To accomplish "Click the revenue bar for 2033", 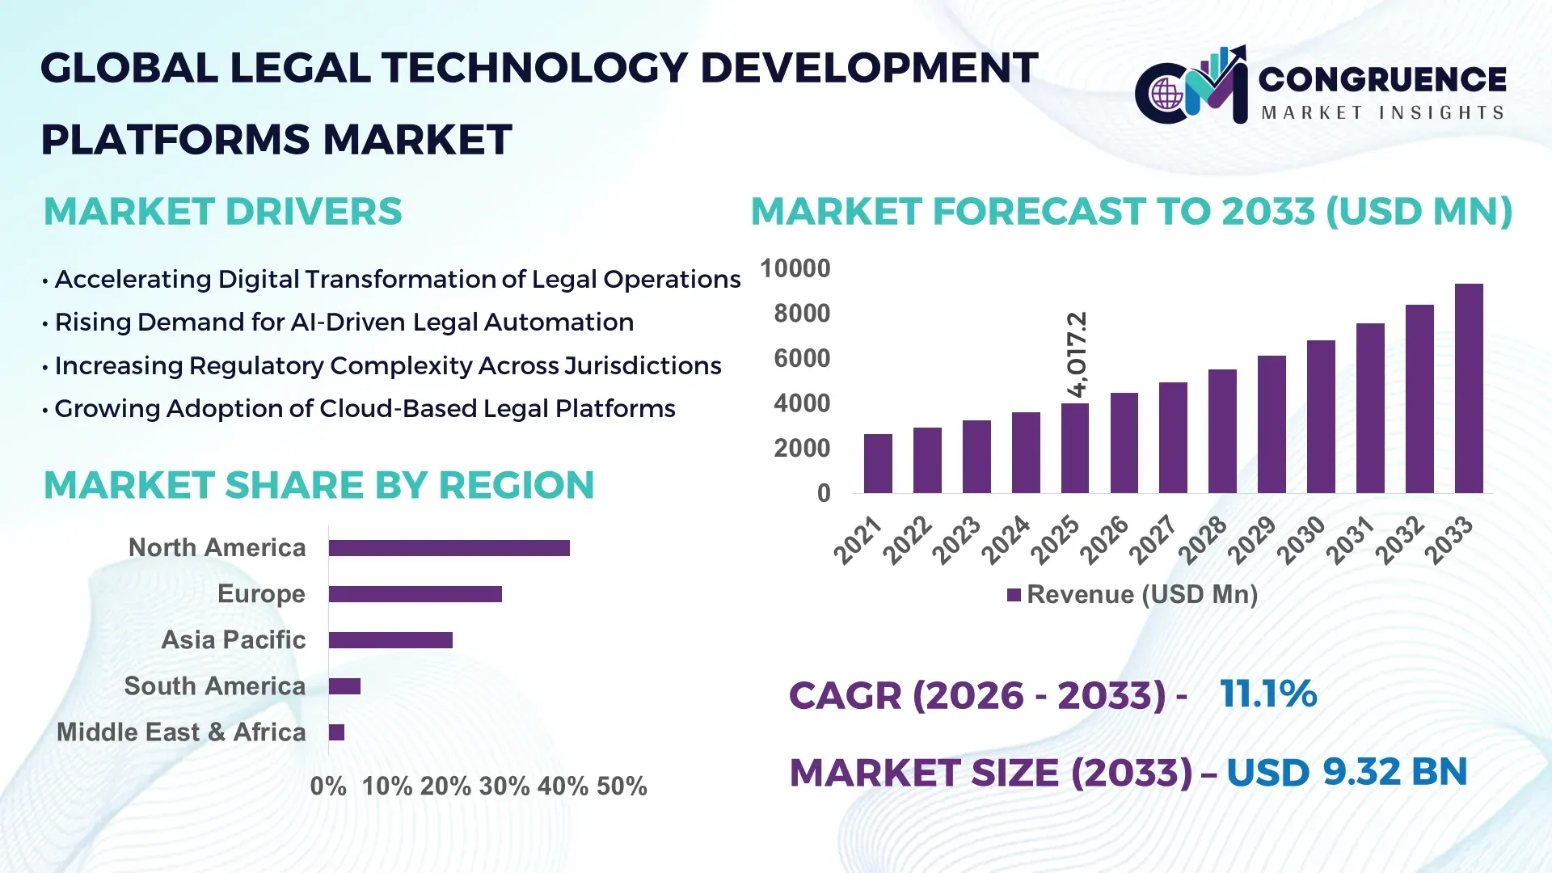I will point(1468,389).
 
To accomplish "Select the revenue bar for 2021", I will point(878,464).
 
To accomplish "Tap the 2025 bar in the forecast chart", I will point(1074,449).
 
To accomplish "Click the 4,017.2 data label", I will point(1077,354).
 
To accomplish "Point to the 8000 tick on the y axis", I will point(801,314).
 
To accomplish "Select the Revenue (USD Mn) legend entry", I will point(1132,595).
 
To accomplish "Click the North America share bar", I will point(449,548).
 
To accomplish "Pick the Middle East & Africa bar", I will point(336,732).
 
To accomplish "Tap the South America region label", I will point(214,686).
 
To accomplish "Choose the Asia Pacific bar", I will point(390,640).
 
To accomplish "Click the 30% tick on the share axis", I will point(504,787).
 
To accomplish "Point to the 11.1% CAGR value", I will point(1267,694).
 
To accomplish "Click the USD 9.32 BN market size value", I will point(1346,772).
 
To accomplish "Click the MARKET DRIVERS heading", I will point(222,212).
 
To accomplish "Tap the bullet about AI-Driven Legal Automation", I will point(344,323).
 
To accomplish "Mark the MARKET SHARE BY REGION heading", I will point(318,486).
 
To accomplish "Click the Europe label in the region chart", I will point(261,594).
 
